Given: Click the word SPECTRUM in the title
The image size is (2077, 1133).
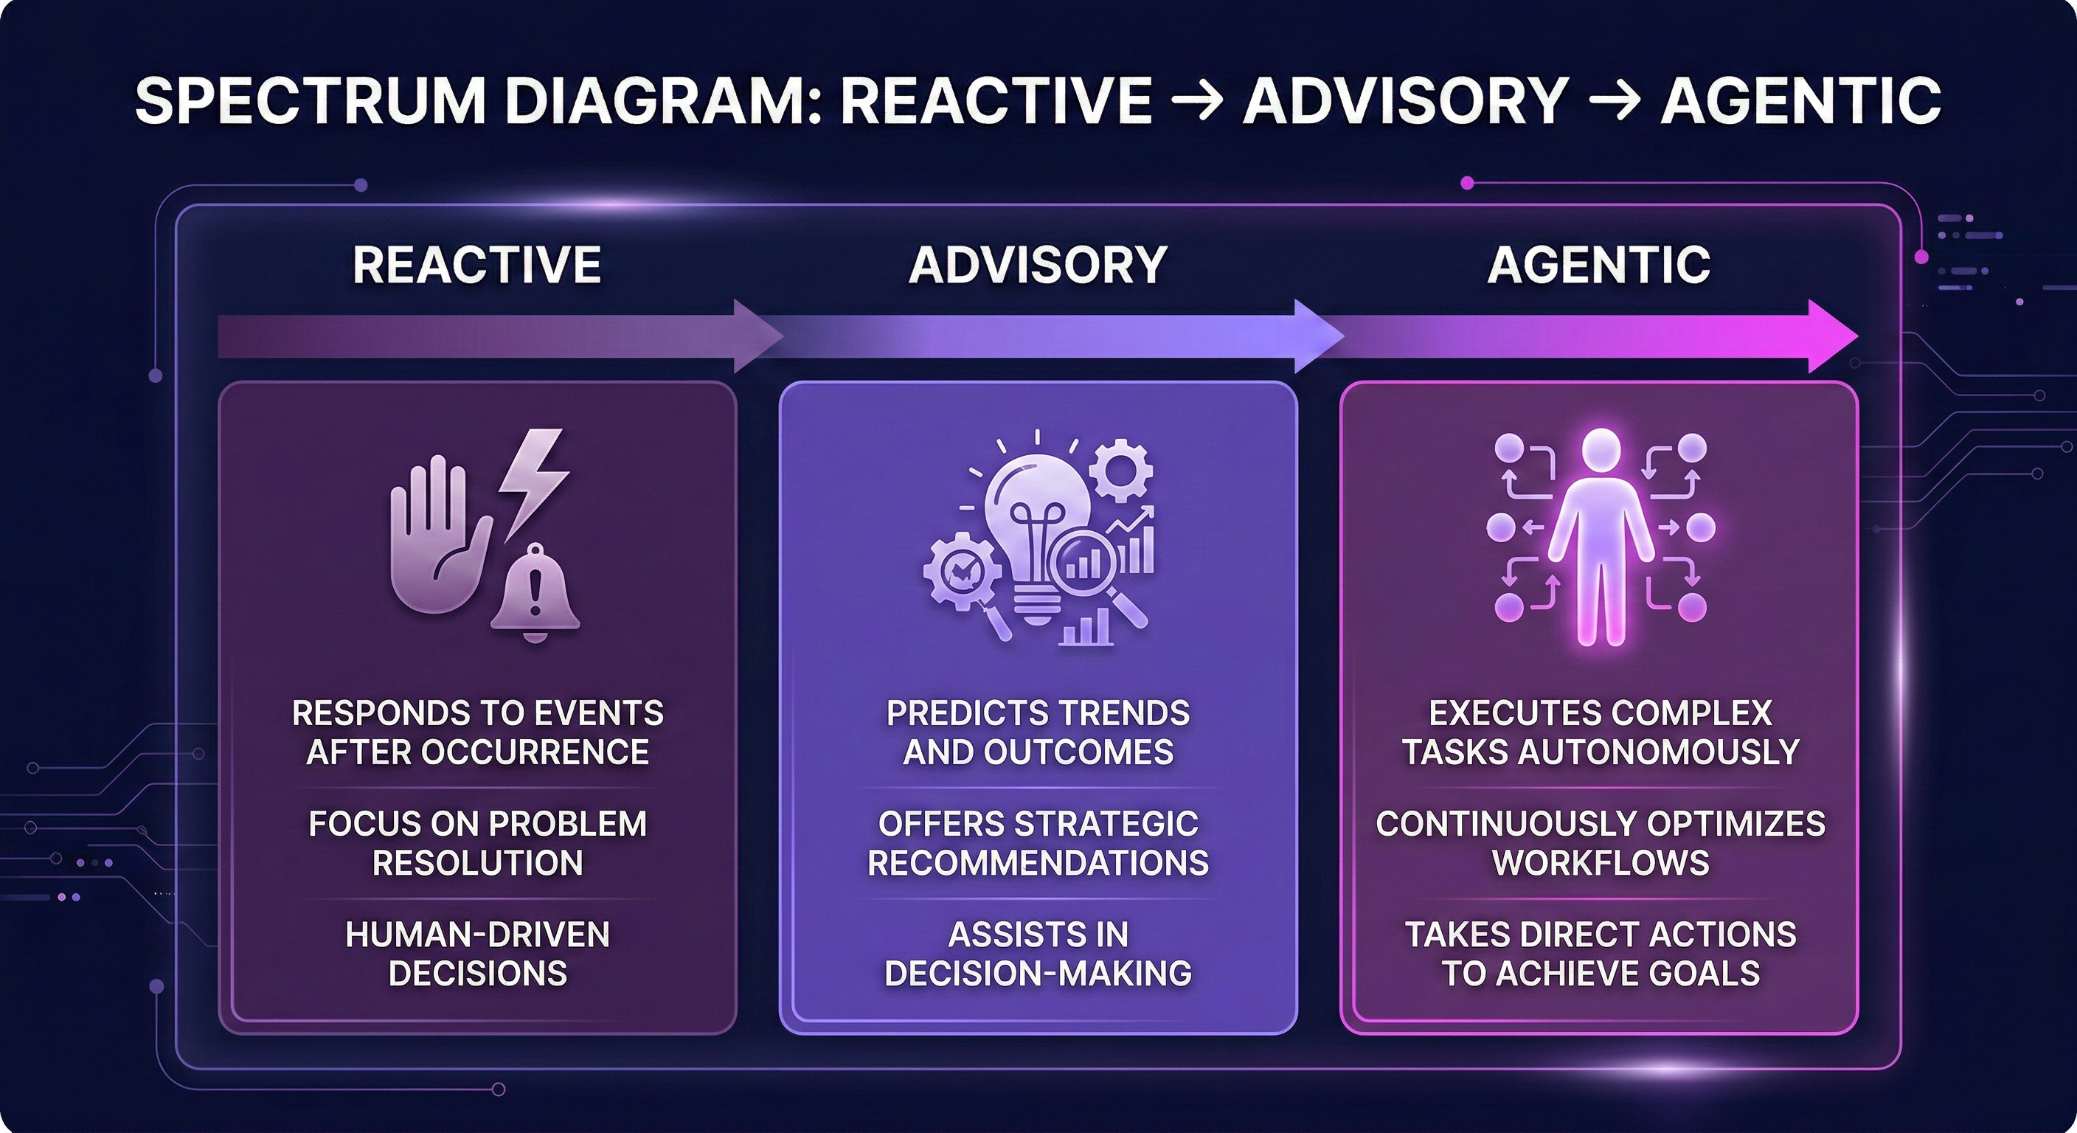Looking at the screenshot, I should (310, 101).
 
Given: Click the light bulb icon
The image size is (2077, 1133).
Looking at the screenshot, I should (1036, 524).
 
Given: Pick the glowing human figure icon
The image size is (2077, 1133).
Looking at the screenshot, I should (1601, 536).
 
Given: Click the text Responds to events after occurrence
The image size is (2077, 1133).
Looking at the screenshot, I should (477, 732).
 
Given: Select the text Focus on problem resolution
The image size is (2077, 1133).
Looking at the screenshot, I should (477, 842).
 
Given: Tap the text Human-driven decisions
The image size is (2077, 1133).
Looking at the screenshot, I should (477, 953).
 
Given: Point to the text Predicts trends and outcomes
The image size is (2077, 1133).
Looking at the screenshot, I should (1038, 732).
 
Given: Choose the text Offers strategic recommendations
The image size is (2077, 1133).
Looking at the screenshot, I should (1038, 842).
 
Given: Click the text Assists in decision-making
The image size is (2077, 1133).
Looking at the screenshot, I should (1038, 953).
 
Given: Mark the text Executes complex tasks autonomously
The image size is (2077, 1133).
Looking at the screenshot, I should (1601, 732).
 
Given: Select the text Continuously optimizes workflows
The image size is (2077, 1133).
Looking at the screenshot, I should (1601, 842).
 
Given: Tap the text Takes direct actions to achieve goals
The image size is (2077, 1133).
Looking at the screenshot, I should (1601, 953).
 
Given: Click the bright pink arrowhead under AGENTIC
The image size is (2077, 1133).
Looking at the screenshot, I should (1830, 336).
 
